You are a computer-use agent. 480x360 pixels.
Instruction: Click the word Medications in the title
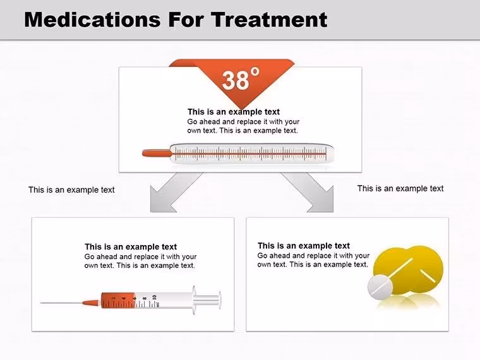[92, 20]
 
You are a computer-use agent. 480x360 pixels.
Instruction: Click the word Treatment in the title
[269, 20]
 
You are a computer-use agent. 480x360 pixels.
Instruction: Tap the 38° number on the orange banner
[241, 79]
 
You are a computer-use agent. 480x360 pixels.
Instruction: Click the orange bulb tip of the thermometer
[157, 153]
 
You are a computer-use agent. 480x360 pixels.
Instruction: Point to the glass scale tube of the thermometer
[251, 153]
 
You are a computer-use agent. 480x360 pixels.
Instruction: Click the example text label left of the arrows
[71, 190]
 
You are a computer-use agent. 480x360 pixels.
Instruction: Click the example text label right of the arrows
[400, 188]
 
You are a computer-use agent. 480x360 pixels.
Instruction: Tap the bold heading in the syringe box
[131, 247]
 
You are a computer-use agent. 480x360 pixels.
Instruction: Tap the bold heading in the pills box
[304, 246]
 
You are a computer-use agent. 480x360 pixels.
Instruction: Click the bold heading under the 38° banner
[234, 111]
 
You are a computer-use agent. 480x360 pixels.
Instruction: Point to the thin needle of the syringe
[61, 303]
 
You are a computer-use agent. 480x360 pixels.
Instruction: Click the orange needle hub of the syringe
[91, 303]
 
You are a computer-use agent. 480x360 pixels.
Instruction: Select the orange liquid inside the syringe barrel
[119, 300]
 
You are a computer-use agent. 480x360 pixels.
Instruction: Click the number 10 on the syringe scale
[154, 297]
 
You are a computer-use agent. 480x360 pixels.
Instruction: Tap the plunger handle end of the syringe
[220, 300]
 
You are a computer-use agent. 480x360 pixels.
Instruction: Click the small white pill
[380, 287]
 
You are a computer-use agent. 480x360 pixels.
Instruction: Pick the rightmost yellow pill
[426, 270]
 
